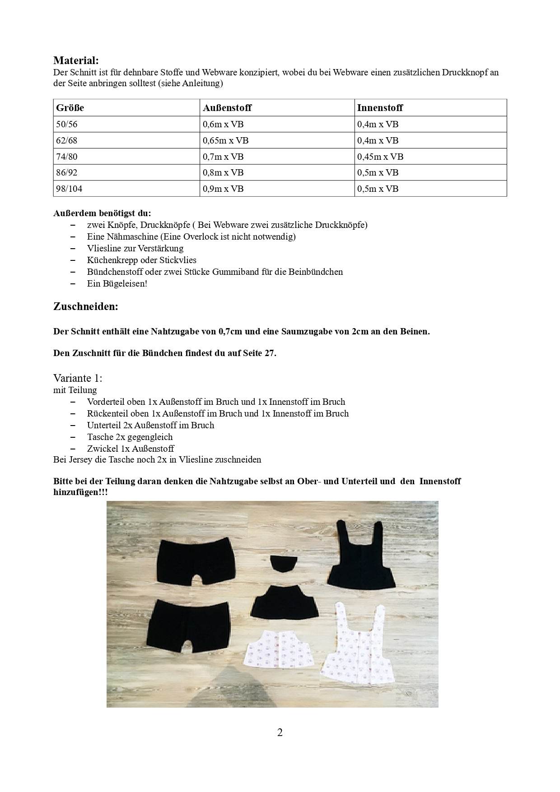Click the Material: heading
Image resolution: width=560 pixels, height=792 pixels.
coord(76,60)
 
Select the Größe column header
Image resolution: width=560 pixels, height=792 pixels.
coord(70,108)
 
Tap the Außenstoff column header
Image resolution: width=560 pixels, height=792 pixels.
coord(227,108)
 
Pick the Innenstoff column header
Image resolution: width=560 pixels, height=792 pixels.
coord(380,108)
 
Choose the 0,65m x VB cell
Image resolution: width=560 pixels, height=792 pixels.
coord(226,140)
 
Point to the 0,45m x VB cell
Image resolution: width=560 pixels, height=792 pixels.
coord(380,157)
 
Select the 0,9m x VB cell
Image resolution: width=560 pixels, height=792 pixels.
coord(224,189)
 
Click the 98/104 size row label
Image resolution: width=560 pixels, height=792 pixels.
coord(69,189)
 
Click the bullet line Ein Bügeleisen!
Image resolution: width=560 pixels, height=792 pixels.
coord(117,283)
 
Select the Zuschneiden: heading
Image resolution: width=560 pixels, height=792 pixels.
coord(86,306)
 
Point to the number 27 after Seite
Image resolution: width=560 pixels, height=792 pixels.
coord(270,353)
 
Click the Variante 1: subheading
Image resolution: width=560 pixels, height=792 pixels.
coord(78,377)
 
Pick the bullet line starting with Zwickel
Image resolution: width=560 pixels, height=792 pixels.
coord(131,449)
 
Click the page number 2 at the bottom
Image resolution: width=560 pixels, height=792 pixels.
coord(280,732)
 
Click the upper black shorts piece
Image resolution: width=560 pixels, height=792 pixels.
coord(196,559)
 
